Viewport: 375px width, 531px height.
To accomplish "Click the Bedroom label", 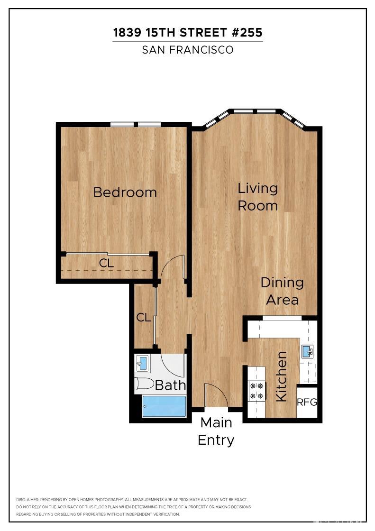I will (125, 192).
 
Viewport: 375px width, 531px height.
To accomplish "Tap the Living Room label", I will (257, 197).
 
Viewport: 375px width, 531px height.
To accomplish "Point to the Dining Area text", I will (282, 291).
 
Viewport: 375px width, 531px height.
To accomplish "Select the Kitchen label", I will (281, 376).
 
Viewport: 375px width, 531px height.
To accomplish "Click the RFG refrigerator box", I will (306, 403).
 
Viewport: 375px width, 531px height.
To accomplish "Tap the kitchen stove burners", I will (256, 391).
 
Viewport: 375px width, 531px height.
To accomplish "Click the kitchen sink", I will (307, 351).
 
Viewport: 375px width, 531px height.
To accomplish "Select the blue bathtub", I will (165, 406).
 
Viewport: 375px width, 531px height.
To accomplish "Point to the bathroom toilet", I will (144, 384).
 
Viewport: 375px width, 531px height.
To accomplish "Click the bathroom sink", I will (143, 364).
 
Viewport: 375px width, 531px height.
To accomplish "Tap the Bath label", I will (170, 385).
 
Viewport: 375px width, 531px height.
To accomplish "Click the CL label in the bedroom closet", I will (107, 264).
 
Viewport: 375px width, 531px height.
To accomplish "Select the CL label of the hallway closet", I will (144, 317).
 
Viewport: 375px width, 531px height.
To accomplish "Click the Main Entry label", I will (216, 431).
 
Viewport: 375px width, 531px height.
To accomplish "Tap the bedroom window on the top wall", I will (137, 125).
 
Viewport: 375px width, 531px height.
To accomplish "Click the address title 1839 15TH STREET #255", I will (187, 33).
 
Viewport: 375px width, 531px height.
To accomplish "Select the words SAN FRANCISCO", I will (188, 50).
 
